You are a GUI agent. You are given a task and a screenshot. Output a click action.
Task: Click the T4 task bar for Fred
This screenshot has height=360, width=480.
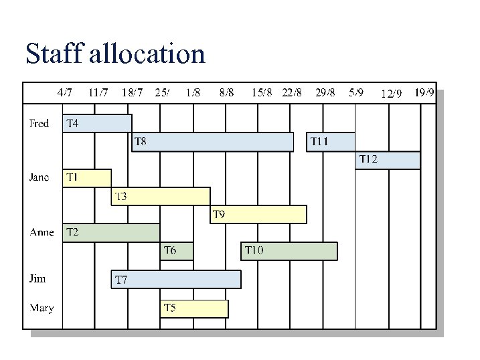pos(97,124)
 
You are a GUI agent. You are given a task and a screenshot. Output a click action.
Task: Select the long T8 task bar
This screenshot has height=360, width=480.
pos(212,142)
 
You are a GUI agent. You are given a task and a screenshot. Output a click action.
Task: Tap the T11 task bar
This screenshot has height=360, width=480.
pos(330,142)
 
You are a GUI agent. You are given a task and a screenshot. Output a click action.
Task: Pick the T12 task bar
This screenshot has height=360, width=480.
pos(387,160)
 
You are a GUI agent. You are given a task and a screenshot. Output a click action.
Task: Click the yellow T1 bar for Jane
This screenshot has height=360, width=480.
pos(86,178)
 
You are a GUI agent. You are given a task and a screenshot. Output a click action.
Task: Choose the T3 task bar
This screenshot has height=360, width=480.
pos(160,196)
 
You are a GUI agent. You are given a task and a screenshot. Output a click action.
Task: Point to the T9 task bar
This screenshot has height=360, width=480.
pos(258,214)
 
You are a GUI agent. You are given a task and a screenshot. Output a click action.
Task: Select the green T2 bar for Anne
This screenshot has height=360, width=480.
pos(110,233)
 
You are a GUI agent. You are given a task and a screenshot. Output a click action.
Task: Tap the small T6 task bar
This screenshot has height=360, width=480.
pos(177,251)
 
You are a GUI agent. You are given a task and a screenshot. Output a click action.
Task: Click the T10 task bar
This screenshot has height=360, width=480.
pos(289,251)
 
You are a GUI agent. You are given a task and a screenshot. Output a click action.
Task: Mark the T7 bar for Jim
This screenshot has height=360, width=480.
pos(175,279)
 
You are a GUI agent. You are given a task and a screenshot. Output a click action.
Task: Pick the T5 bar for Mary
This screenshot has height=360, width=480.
pos(193,308)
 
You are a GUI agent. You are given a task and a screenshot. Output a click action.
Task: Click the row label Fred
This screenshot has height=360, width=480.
pos(39,124)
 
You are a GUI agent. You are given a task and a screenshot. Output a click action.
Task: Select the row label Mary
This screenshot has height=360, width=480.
pos(41,308)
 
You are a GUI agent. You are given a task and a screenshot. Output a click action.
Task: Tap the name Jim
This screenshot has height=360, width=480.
pos(37,279)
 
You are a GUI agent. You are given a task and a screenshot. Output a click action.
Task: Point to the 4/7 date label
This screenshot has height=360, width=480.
pos(65,92)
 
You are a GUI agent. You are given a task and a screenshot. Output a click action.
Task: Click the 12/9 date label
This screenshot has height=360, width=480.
pos(391,94)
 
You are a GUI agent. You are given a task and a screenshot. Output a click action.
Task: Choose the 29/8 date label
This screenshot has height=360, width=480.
pos(325,92)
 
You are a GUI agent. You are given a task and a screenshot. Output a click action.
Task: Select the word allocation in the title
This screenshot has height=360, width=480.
pos(146,54)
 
